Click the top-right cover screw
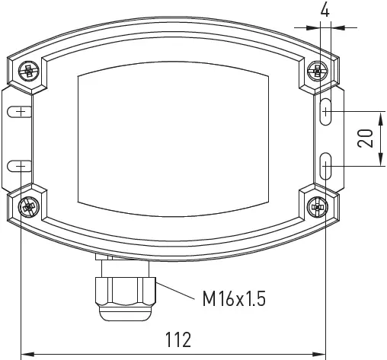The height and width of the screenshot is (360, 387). coord(316,72)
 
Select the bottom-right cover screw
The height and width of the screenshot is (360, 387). coord(317,206)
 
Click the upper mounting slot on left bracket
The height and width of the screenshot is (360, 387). coord(19,112)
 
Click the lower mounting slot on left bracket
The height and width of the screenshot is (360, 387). coord(19,166)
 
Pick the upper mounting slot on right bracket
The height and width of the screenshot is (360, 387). coord(325,111)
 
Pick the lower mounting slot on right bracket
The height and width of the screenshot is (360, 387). coord(325,166)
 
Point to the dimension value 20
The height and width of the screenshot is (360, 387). coord(366,139)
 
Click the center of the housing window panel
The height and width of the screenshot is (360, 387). coord(174,138)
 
